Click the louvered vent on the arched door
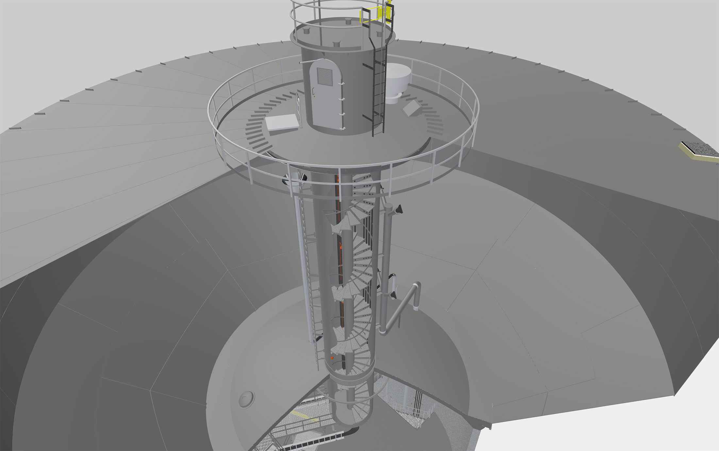point(324,78)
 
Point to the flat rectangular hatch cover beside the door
point(282,123)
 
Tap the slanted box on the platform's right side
point(413,108)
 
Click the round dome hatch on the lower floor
point(246,399)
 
